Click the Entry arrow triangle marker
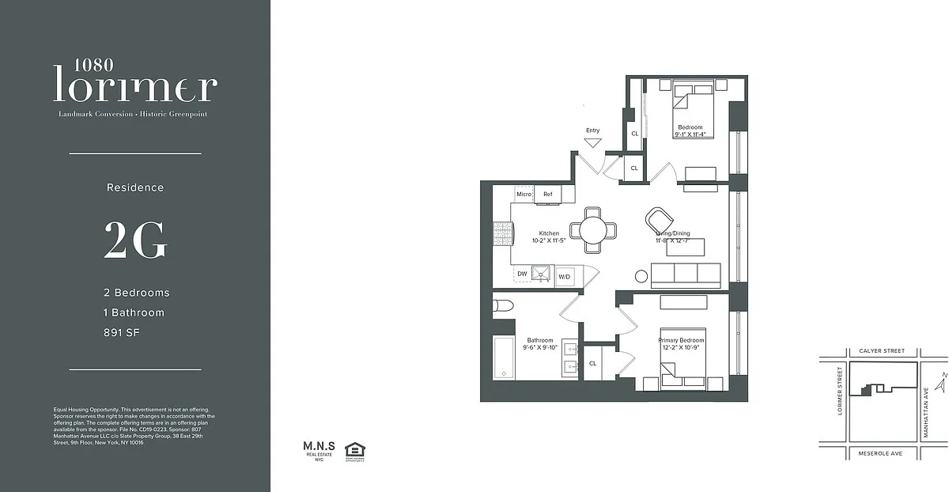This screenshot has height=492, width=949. (593, 143)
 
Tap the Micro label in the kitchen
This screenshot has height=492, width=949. (524, 194)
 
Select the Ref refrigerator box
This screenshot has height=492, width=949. (547, 194)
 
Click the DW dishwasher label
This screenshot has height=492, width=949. (522, 274)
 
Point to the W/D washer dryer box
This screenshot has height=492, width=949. (565, 276)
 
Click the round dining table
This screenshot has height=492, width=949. (594, 229)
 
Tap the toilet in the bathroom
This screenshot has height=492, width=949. (504, 306)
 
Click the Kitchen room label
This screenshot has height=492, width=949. (549, 233)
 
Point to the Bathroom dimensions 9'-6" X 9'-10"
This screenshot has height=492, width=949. (542, 347)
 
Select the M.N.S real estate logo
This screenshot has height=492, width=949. (315, 451)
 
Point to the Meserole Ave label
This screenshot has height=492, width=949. (880, 454)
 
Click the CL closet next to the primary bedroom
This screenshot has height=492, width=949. (592, 363)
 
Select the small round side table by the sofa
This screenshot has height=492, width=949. (641, 276)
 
